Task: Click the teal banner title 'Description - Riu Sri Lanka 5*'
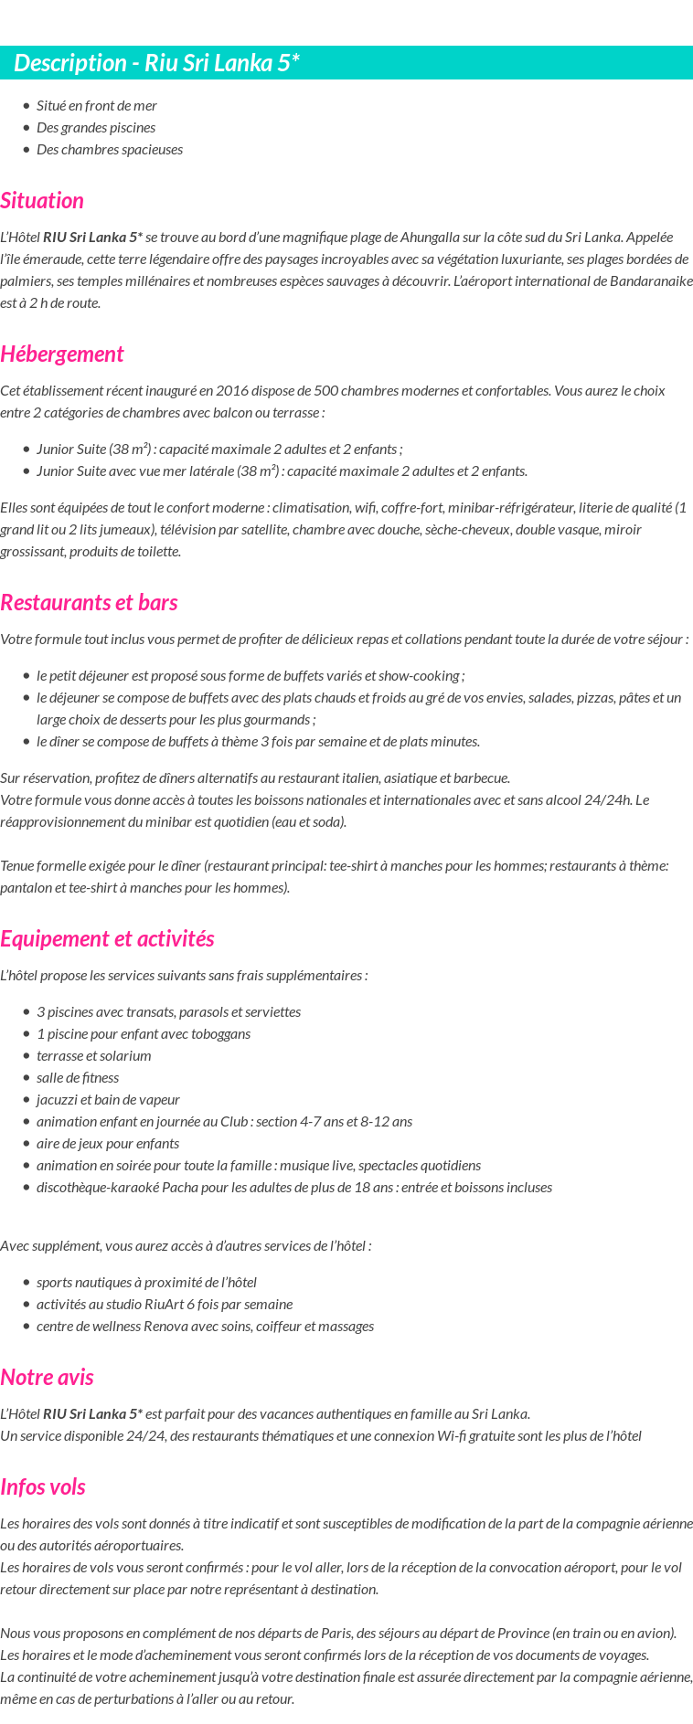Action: coord(156,63)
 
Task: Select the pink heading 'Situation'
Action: coord(42,201)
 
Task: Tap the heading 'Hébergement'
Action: coord(61,354)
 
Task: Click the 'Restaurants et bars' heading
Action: coord(89,603)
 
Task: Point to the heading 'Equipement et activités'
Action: coord(107,939)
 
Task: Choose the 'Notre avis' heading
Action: coord(47,1378)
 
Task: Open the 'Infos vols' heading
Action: coord(43,1487)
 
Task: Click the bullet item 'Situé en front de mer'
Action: coord(97,106)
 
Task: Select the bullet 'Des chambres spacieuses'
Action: coord(110,150)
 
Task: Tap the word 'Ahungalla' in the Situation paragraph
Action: coord(431,238)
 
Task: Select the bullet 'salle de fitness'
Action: coord(78,1078)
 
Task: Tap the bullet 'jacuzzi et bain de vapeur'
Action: coord(108,1100)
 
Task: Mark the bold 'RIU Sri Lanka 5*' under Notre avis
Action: coord(92,1414)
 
